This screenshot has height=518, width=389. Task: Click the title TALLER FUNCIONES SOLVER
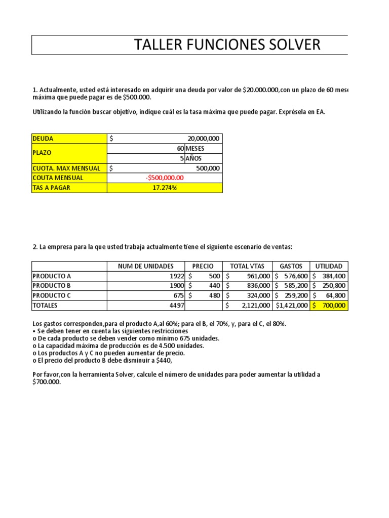tap(227, 45)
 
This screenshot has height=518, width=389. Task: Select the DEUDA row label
tap(43, 139)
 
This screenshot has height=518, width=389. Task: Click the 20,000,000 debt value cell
tap(203, 139)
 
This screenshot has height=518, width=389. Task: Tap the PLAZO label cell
tap(42, 153)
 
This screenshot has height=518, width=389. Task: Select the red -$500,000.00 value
tap(165, 178)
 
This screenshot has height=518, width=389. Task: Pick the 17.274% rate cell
tap(165, 188)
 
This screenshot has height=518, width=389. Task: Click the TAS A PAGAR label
tap(52, 188)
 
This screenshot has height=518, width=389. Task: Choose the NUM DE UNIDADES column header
tap(145, 266)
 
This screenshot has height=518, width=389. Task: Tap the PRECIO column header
tap(203, 266)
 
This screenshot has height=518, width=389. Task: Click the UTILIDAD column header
tap(329, 266)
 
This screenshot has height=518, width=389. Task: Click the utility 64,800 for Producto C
tap(334, 295)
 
